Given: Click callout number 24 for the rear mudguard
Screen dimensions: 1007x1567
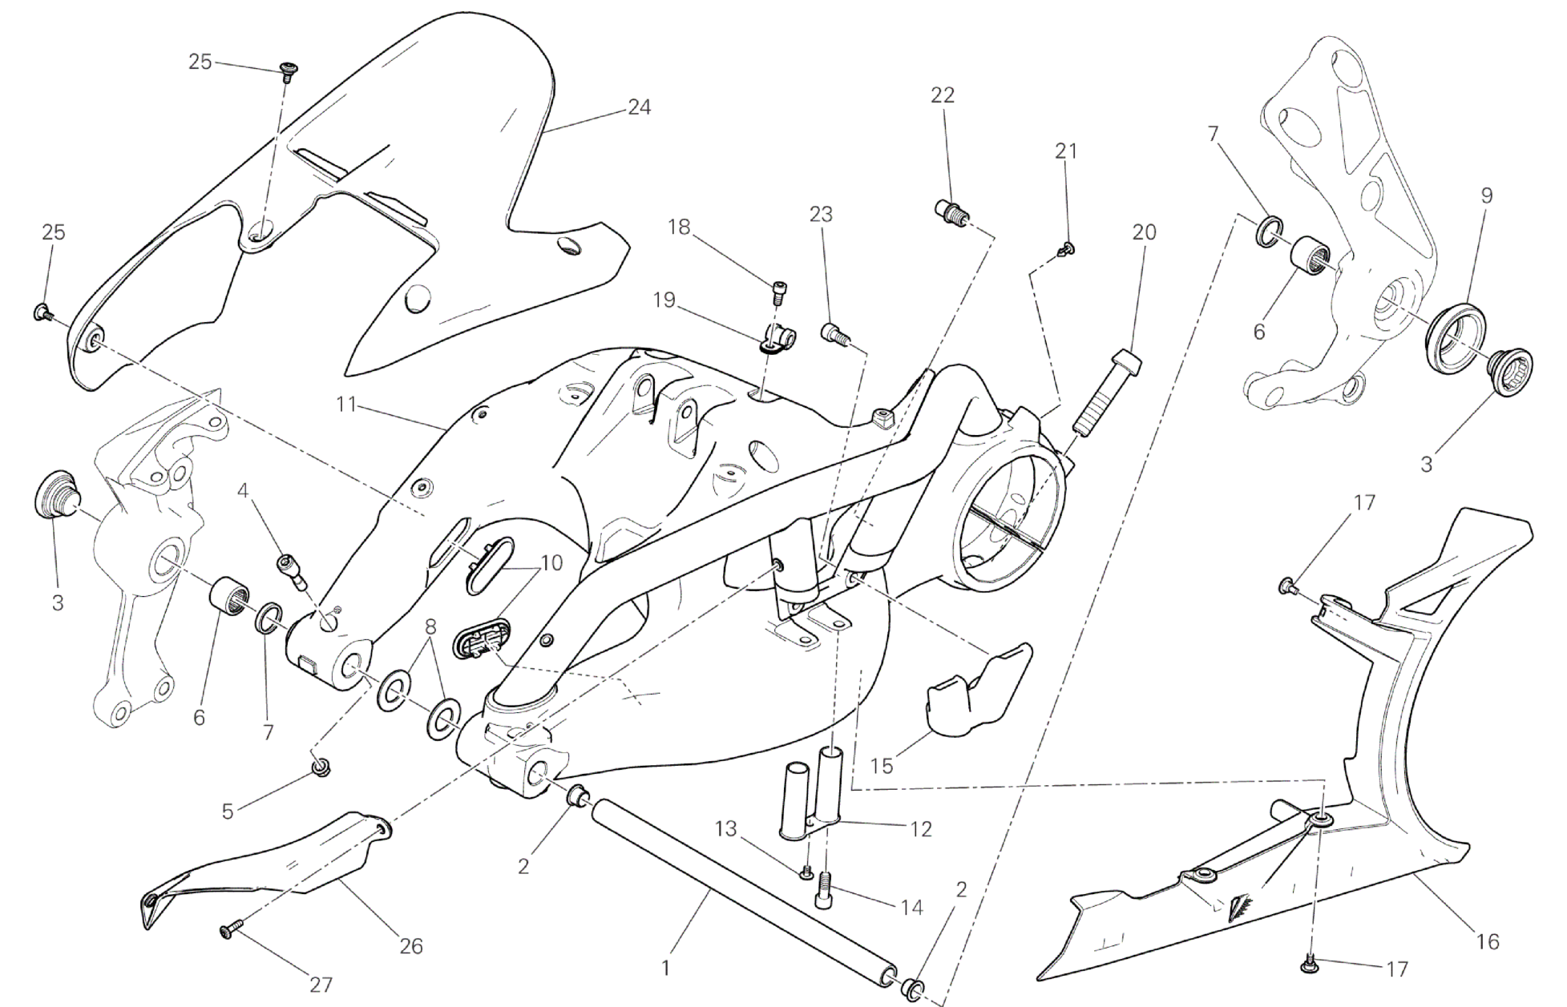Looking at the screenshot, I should click(x=639, y=107).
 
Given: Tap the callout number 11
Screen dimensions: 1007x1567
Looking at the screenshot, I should click(x=345, y=404).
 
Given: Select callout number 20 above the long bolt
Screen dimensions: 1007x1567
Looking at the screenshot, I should click(x=1144, y=232).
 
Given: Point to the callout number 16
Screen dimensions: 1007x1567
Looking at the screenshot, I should click(x=1487, y=941).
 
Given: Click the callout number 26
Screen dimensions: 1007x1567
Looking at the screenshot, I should click(x=411, y=946).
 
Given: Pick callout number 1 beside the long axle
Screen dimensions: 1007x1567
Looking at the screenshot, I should click(x=664, y=969).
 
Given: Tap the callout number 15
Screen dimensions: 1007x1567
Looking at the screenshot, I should click(x=882, y=766).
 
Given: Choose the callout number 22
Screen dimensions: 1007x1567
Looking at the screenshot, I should click(x=943, y=95).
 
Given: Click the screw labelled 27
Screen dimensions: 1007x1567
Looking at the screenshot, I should click(x=228, y=930).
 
